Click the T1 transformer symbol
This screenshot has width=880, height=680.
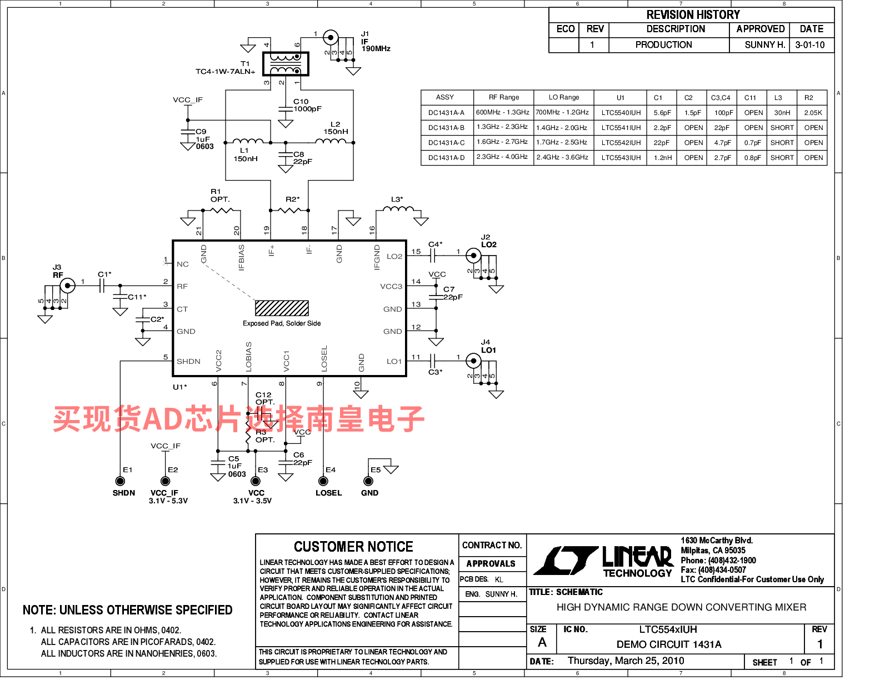pos(286,63)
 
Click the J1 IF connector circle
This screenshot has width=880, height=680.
pos(331,38)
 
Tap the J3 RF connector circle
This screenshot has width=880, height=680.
pos(68,286)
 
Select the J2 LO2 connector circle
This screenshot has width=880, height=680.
pos(473,256)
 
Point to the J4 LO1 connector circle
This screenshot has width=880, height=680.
pos(473,361)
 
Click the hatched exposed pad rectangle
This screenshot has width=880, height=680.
pos(282,308)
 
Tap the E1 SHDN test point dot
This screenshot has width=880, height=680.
pos(120,481)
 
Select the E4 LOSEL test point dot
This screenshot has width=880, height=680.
pos(323,481)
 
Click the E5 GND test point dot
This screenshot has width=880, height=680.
pos(368,481)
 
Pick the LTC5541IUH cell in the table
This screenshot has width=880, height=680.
pos(621,128)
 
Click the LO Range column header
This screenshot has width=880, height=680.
pos(564,97)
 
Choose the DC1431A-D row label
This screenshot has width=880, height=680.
pos(446,158)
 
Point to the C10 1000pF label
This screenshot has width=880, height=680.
pos(307,106)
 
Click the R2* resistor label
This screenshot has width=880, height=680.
pos(292,199)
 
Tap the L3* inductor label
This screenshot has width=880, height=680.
pos(397,199)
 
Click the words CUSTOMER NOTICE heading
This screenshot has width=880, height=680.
pos(353,547)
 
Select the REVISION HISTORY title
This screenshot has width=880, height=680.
pos(693,15)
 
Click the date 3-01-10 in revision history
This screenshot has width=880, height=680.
pos(810,45)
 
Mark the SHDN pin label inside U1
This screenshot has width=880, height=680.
pos(188,361)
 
